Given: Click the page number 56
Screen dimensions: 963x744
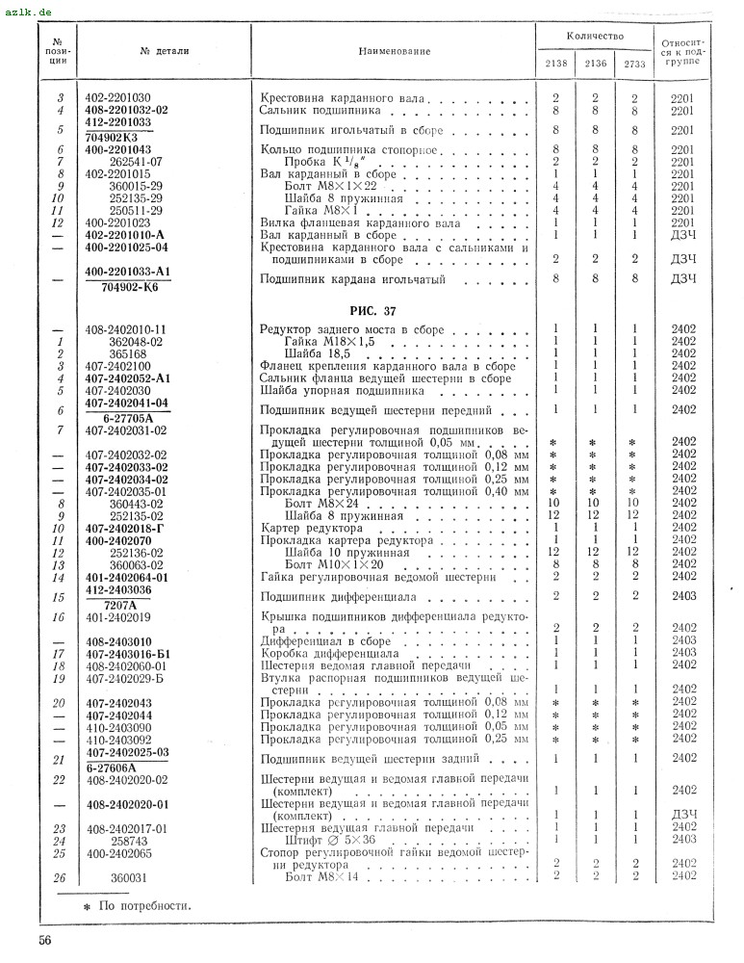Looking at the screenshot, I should point(45,940).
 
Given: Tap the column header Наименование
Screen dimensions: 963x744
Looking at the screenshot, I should point(395,50).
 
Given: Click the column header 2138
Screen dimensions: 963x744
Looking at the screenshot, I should point(555,64).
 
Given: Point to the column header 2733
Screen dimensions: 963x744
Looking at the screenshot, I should point(634,64).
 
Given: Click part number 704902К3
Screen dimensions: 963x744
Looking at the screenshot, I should point(126,137).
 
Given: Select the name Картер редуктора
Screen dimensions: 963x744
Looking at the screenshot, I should point(312,529).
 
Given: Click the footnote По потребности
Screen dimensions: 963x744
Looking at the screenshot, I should point(144,905).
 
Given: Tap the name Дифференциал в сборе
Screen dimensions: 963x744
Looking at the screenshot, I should point(326,640).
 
